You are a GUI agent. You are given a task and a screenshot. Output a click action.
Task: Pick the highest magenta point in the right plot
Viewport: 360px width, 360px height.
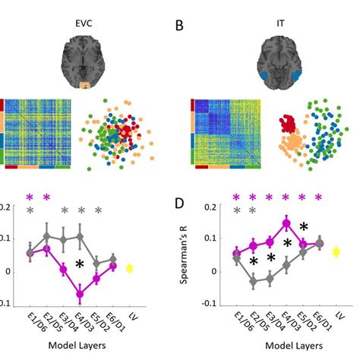(286, 223)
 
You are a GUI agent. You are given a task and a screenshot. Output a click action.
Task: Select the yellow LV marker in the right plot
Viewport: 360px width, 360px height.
(336, 252)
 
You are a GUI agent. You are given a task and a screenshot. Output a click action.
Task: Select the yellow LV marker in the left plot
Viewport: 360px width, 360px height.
(129, 268)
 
